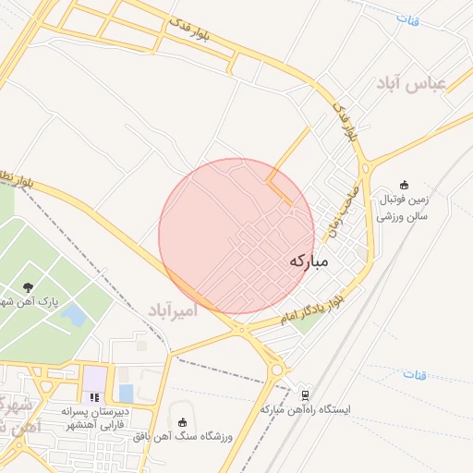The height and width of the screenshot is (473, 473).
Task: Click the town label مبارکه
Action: point(309,261)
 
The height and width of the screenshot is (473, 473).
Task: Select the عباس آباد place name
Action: point(411,83)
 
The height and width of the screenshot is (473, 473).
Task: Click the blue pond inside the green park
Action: point(74,317)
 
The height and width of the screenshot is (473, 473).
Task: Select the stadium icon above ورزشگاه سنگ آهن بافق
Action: point(193,420)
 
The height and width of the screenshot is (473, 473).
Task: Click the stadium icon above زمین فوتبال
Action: point(403,185)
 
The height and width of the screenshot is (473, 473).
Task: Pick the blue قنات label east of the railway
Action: point(413,374)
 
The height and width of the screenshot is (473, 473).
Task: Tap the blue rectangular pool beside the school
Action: point(126,393)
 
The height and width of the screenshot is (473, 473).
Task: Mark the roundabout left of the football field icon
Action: point(368,168)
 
